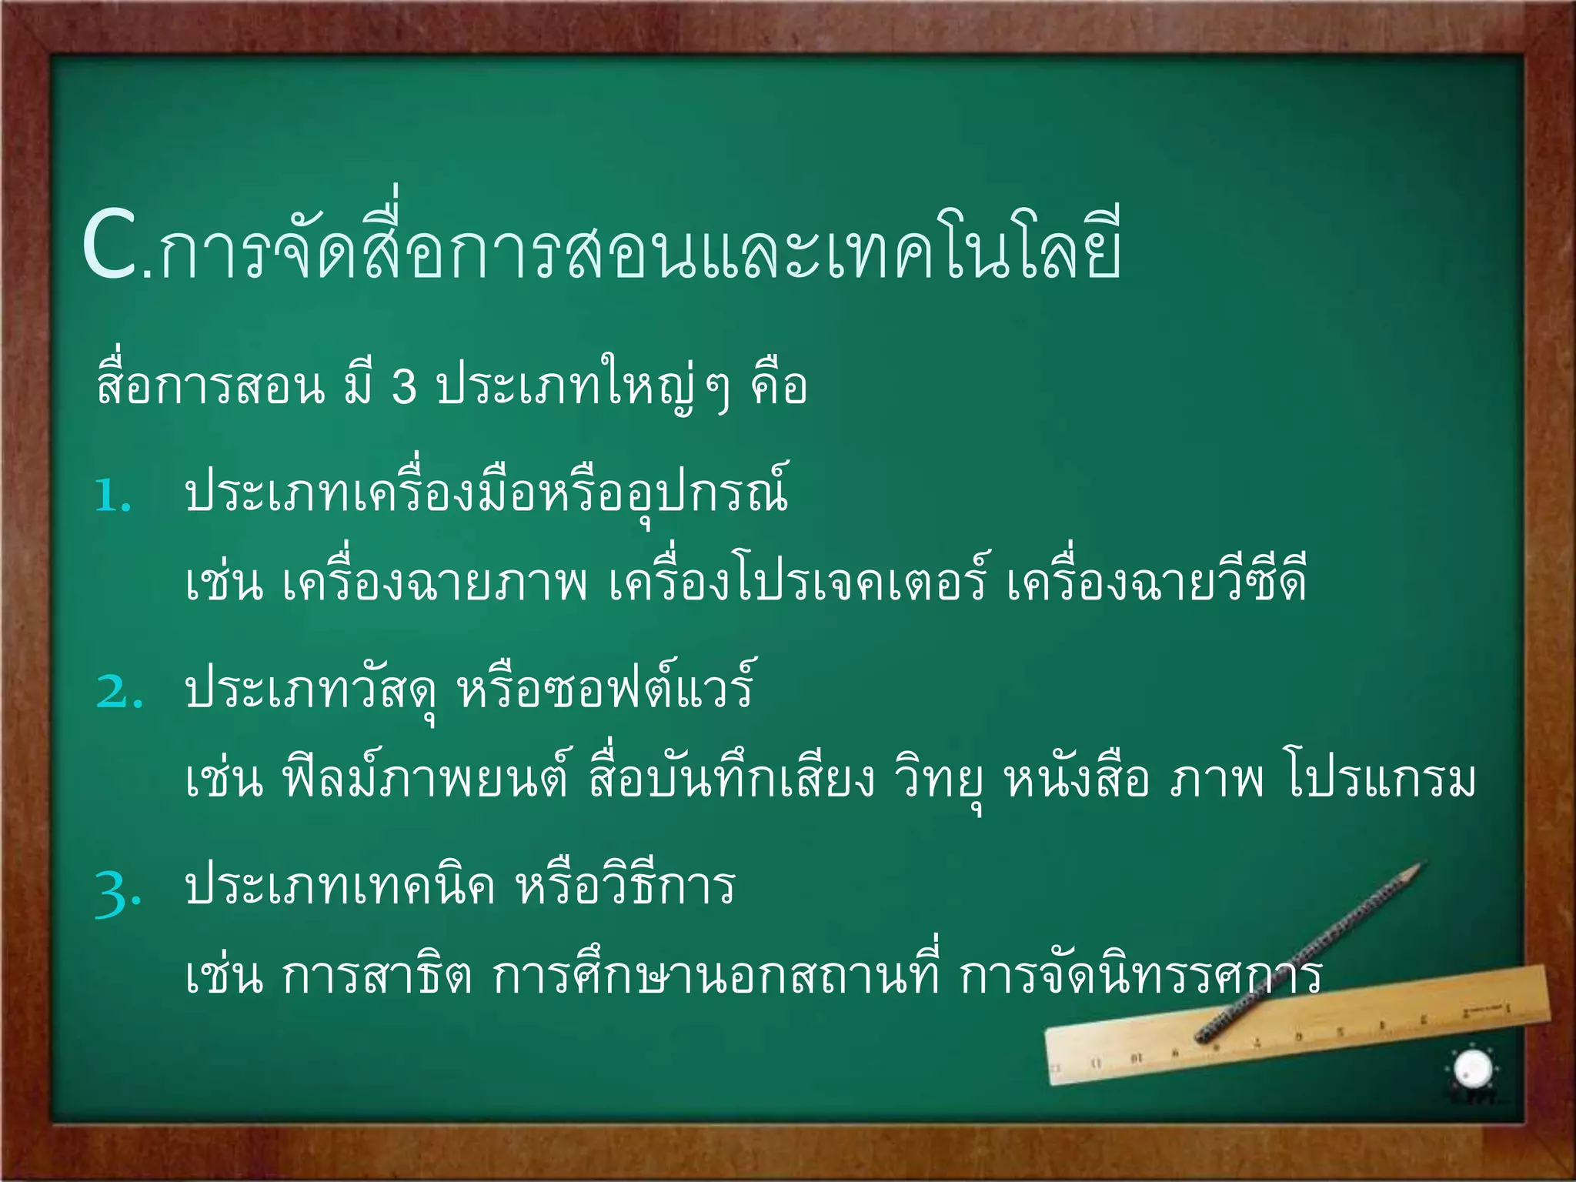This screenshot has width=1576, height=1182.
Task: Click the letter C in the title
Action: [x=112, y=246]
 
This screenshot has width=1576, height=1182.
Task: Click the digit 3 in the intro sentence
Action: [x=405, y=386]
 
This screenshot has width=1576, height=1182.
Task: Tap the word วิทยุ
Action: [x=938, y=780]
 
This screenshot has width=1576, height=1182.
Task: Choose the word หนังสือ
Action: [x=1077, y=780]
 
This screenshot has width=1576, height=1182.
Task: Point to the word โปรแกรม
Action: [x=1381, y=780]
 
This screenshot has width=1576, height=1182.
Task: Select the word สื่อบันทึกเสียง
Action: [x=732, y=780]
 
